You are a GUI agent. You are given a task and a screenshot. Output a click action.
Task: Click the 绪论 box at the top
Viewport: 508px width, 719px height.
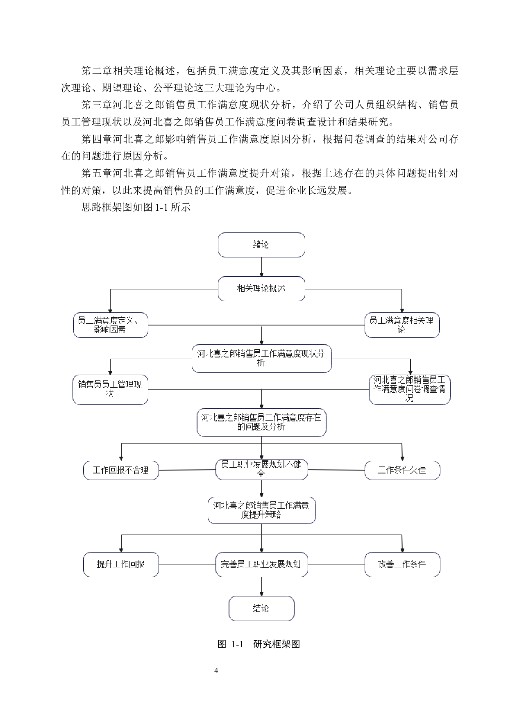point(261,245)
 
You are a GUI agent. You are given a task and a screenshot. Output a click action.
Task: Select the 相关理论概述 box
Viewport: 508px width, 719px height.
point(261,289)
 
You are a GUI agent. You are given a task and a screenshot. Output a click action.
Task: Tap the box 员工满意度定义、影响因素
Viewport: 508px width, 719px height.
point(110,325)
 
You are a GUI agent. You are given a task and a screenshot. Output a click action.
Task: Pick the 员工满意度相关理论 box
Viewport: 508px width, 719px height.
point(401,325)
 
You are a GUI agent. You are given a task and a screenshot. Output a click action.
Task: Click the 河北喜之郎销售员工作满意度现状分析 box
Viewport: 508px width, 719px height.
point(261,358)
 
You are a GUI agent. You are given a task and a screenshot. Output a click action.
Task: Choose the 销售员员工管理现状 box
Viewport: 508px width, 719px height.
point(110,389)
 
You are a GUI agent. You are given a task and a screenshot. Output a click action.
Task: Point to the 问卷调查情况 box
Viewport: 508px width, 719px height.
point(409,389)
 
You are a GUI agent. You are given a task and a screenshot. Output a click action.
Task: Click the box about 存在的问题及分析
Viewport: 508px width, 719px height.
point(261,422)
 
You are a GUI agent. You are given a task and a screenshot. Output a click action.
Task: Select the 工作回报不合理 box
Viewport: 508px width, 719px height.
point(121,470)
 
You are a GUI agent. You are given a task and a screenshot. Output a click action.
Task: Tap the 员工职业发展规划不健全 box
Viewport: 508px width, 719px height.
point(261,469)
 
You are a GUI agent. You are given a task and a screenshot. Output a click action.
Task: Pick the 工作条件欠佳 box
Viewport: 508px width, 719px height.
point(402,470)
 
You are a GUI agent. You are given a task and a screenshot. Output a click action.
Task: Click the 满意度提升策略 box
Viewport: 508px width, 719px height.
point(261,510)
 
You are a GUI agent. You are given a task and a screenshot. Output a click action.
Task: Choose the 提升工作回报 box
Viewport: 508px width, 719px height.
point(121,564)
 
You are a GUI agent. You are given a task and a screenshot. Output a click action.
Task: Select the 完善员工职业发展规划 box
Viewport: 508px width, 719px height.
point(261,564)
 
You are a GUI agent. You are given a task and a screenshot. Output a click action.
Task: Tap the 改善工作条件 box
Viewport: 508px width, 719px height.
point(402,564)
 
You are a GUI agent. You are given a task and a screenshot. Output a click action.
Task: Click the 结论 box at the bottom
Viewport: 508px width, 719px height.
point(261,608)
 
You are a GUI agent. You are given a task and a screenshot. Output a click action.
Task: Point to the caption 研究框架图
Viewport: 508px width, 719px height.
point(277,644)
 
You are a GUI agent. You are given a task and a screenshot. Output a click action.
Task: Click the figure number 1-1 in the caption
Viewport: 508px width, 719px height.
point(237,644)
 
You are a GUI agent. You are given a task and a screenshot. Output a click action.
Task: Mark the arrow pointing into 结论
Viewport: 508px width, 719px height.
point(262,587)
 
